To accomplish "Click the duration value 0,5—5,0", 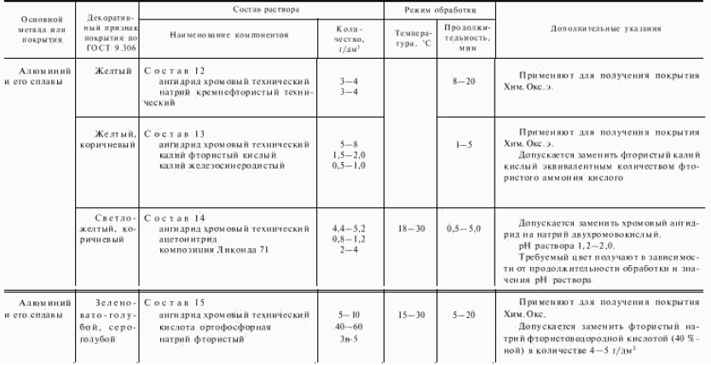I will click(463, 229).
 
